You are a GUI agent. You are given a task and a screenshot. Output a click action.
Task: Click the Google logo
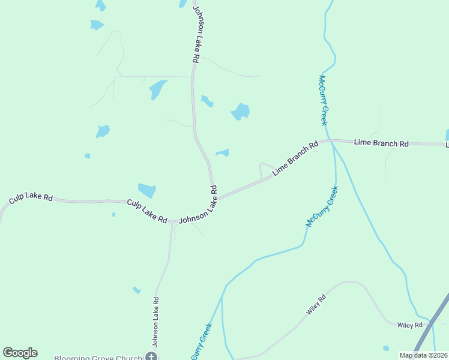pyautogui.click(x=20, y=353)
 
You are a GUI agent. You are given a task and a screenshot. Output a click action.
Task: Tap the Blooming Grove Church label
pyautogui.click(x=98, y=357)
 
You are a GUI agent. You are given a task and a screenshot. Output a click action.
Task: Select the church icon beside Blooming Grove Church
pyautogui.click(x=151, y=357)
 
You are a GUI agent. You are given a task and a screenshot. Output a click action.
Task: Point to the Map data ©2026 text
pyautogui.click(x=423, y=355)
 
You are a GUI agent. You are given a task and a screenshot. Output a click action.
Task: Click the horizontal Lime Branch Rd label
pyautogui.click(x=381, y=143)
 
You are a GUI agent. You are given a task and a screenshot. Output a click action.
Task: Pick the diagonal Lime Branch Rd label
pyautogui.click(x=295, y=158)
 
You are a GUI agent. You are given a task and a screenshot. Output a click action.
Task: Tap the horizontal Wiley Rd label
pyautogui.click(x=410, y=325)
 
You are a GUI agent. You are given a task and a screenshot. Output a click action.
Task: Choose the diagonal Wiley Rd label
pyautogui.click(x=316, y=305)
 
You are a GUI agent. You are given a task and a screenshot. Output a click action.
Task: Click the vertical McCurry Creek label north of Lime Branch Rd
pyautogui.click(x=323, y=100)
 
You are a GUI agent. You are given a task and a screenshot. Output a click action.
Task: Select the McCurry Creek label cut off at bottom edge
pyautogui.click(x=202, y=343)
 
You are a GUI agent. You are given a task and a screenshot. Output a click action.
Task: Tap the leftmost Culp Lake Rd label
pyautogui.click(x=31, y=198)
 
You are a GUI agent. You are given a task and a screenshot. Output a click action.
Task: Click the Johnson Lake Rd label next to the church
pyautogui.click(x=155, y=322)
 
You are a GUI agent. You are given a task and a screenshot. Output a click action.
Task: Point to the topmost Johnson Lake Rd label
pyautogui.click(x=195, y=34)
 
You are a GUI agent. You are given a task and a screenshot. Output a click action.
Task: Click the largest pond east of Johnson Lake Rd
pyautogui.click(x=241, y=112)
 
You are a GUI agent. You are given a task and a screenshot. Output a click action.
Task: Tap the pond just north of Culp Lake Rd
pyautogui.click(x=147, y=190)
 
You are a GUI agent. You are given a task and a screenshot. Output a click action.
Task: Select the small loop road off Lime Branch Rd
pyautogui.click(x=265, y=165)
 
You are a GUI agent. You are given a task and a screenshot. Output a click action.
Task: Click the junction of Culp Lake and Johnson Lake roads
pyautogui.click(x=173, y=221)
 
